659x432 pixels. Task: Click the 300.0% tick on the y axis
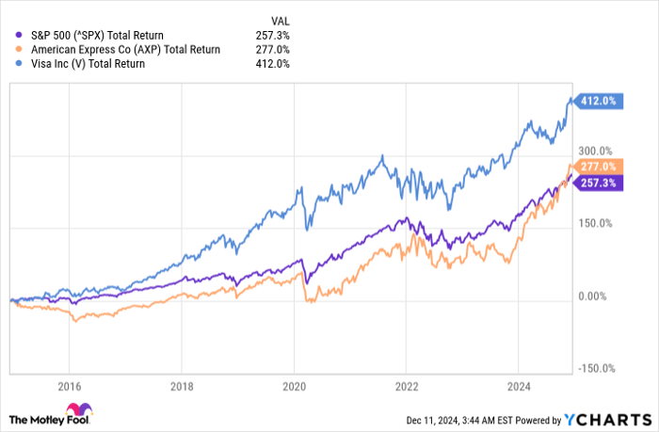594,151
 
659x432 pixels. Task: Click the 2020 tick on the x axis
295,386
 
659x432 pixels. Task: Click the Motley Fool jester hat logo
87,412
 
